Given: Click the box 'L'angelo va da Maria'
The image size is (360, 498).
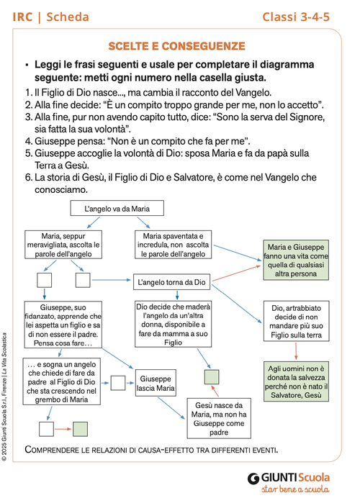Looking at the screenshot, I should click(117, 209).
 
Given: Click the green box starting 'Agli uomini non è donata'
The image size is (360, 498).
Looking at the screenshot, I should click(297, 381).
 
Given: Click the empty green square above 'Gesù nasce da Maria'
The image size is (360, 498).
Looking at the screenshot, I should click(212, 375).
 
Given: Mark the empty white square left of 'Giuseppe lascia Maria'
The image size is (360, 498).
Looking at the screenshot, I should click(118, 381).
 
